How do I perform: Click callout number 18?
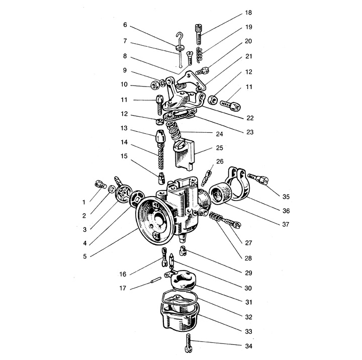(x=248, y=13)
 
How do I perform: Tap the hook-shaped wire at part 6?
(x=179, y=37)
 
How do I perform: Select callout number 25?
(x=219, y=148)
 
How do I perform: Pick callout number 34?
(x=249, y=346)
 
